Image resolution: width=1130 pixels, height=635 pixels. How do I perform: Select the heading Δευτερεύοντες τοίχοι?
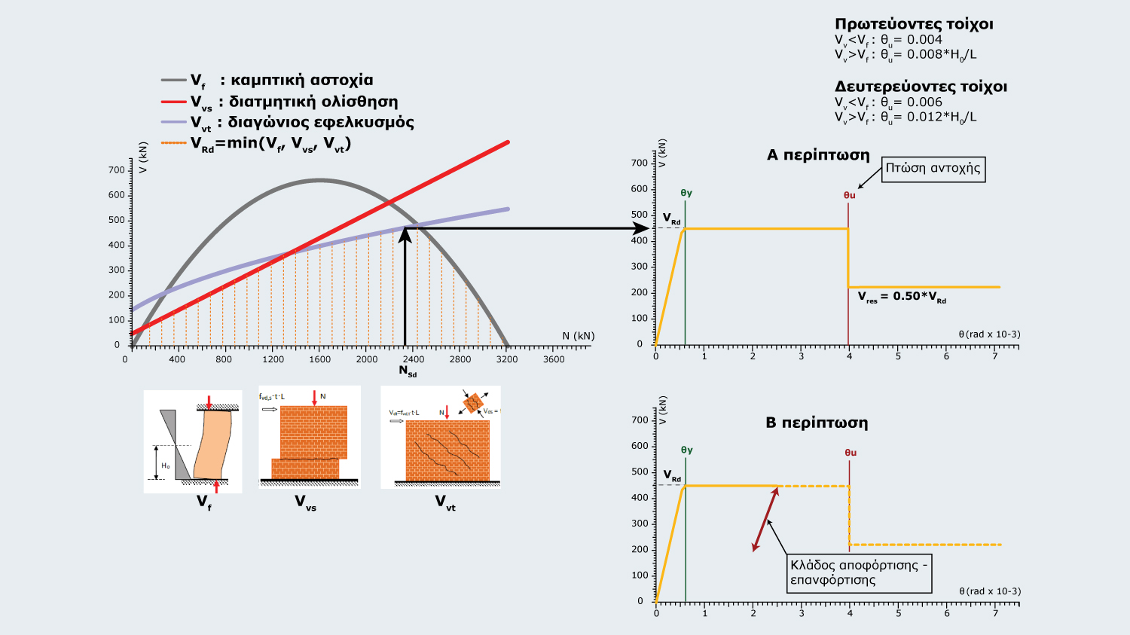(x=921, y=87)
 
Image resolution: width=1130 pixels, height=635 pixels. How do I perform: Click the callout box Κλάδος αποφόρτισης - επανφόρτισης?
(x=859, y=572)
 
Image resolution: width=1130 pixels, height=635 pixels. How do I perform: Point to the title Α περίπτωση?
(x=818, y=155)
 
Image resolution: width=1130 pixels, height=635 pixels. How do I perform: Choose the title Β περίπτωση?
(x=817, y=423)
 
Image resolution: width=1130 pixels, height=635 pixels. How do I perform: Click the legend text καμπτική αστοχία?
(x=301, y=80)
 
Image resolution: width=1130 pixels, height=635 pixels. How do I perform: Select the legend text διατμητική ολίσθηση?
(x=313, y=102)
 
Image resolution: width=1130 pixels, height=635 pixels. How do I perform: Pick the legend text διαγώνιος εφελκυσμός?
(x=321, y=122)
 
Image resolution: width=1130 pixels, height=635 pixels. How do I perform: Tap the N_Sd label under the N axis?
(x=407, y=371)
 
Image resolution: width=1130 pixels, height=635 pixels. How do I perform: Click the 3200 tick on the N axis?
(x=507, y=359)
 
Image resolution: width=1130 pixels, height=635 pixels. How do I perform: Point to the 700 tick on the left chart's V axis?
(x=117, y=170)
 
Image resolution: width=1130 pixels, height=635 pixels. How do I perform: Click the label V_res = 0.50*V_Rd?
(x=902, y=297)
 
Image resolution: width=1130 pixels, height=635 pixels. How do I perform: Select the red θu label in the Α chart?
(x=849, y=195)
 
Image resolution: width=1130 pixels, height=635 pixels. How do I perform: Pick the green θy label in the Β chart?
(x=686, y=450)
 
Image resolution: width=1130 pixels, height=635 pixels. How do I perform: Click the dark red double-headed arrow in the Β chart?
(x=765, y=520)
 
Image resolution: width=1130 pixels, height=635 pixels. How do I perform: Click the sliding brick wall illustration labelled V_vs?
(x=310, y=438)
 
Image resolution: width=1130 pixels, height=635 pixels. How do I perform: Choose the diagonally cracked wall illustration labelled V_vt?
(x=441, y=438)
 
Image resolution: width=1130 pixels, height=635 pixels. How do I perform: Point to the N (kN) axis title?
(x=578, y=336)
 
